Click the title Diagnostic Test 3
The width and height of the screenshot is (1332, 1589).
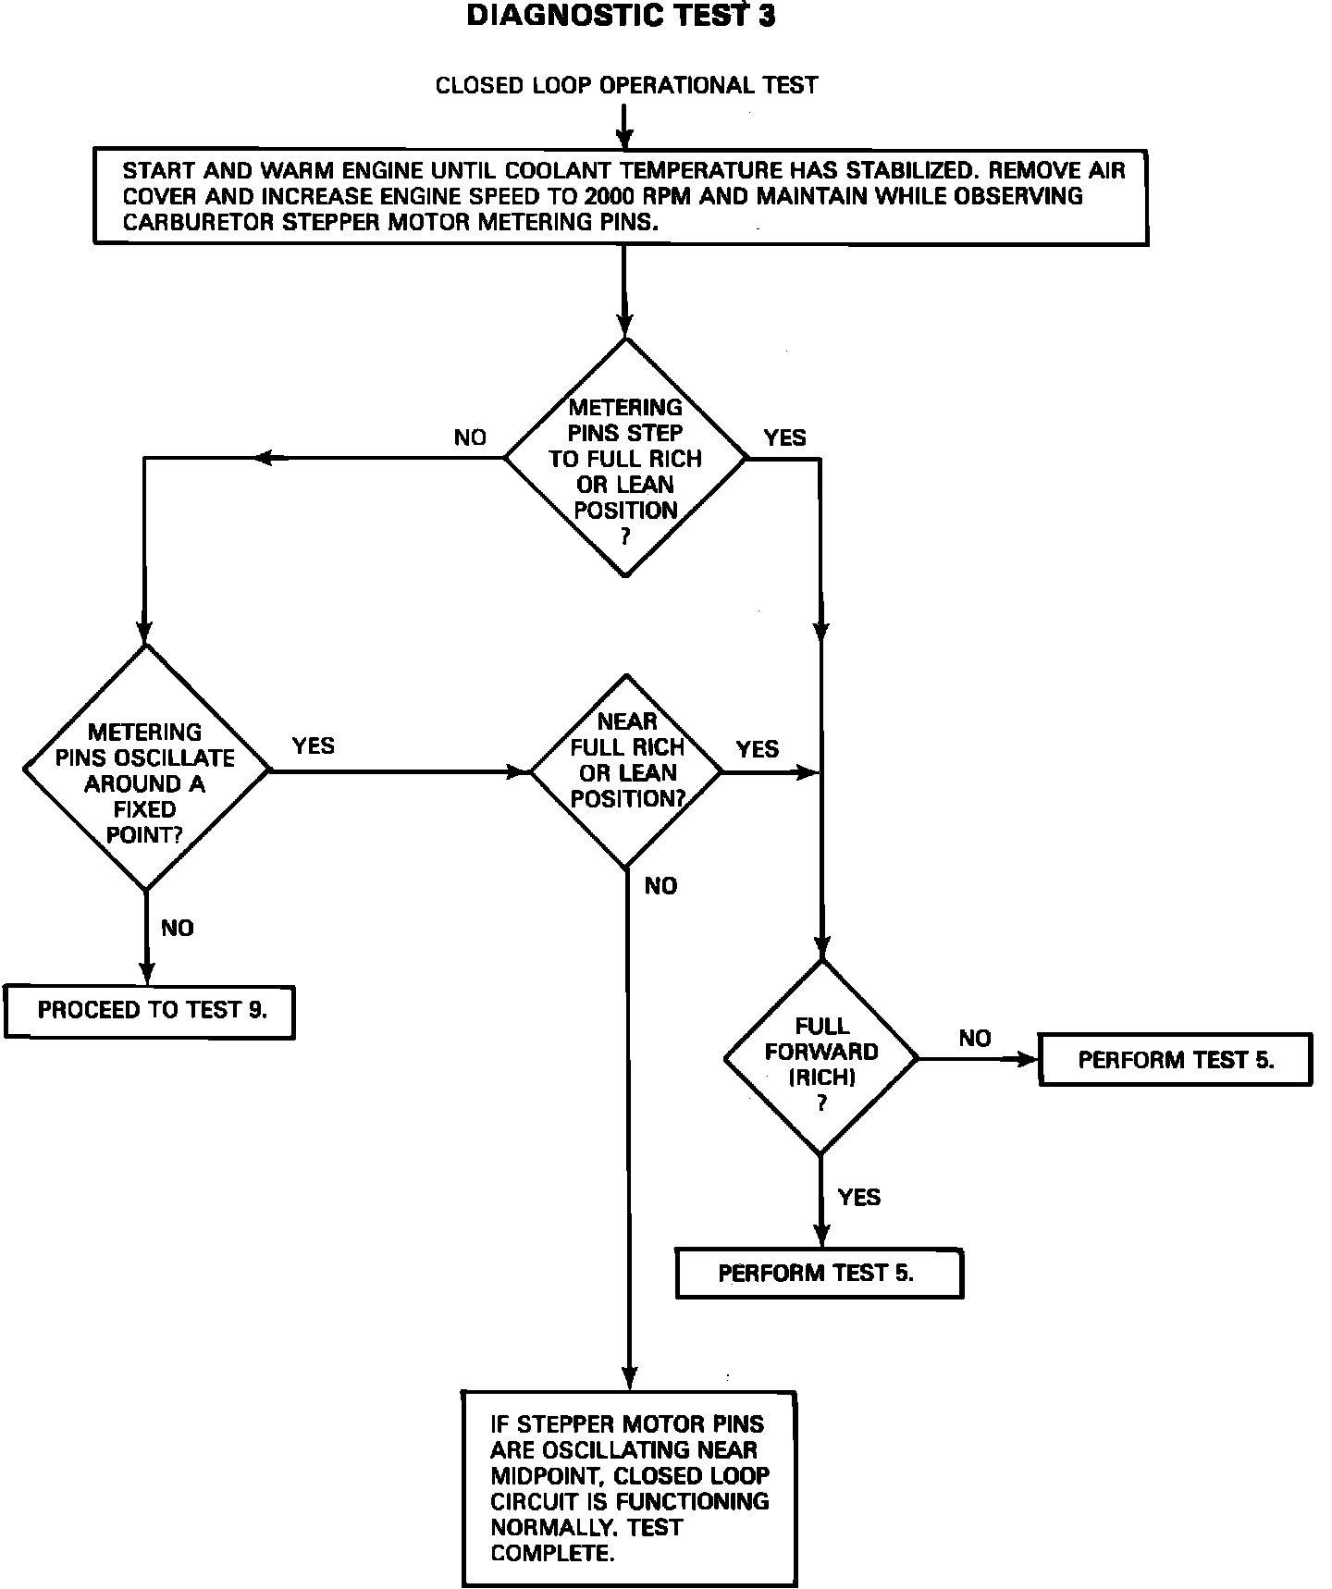(x=621, y=16)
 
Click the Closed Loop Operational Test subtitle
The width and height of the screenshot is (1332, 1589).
(x=627, y=86)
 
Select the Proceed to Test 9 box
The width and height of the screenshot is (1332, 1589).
(x=150, y=1011)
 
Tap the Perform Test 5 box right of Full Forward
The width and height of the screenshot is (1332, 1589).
(x=1176, y=1060)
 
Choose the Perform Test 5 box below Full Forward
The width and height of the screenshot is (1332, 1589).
(x=820, y=1274)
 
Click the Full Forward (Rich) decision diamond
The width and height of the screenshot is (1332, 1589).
(x=820, y=1057)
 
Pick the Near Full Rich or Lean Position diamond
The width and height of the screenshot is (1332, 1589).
(x=626, y=770)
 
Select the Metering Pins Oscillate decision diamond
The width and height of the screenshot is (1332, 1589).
(x=145, y=769)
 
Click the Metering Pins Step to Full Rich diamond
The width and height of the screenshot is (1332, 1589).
(x=625, y=457)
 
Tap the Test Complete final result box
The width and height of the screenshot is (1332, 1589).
(x=629, y=1488)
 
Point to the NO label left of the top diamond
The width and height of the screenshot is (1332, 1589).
(x=470, y=437)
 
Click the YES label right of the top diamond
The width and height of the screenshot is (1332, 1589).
(x=784, y=437)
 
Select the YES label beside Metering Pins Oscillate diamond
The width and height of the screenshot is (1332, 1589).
(x=314, y=745)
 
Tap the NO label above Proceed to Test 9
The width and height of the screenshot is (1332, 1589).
(x=178, y=928)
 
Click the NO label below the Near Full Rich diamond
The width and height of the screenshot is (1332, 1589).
(x=660, y=886)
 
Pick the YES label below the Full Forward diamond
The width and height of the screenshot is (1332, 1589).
(x=858, y=1198)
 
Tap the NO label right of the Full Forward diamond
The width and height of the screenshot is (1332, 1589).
(x=975, y=1039)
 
